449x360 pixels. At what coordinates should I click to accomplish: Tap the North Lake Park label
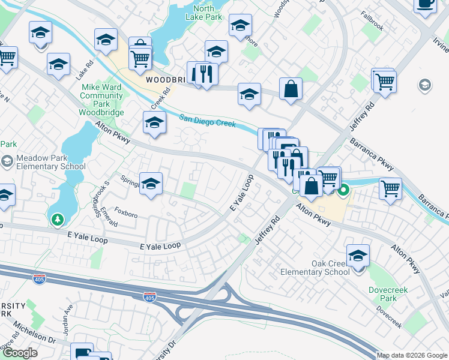click(204, 13)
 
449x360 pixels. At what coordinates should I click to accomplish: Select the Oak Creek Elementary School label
click(315, 268)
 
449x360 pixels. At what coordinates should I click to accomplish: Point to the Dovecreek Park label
click(388, 294)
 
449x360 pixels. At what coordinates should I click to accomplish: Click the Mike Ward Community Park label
click(101, 100)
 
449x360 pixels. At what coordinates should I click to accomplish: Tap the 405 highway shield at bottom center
click(150, 297)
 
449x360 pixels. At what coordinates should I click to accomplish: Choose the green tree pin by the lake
click(57, 221)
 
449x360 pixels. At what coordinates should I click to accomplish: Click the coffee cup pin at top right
click(425, 4)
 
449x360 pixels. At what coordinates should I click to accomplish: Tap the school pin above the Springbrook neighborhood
click(151, 184)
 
